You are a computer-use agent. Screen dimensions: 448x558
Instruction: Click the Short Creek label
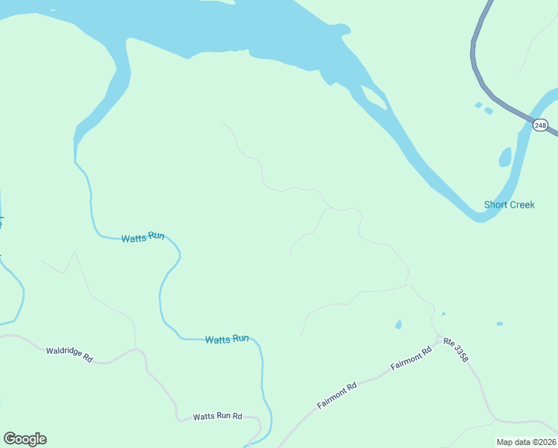510,205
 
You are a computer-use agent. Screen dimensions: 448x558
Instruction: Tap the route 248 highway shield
540,125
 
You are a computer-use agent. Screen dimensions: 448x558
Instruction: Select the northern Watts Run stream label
142,237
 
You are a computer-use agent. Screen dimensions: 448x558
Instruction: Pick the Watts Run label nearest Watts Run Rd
227,339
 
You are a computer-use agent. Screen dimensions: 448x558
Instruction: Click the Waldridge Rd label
69,354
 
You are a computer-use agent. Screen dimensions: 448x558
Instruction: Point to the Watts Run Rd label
218,416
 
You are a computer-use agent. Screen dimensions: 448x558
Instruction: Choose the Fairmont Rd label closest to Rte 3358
411,360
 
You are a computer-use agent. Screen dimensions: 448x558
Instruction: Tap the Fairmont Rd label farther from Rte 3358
337,395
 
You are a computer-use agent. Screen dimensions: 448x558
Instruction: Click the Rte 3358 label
456,351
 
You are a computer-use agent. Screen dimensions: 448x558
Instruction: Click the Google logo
25,439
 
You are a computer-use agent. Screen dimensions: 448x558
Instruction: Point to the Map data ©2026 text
527,442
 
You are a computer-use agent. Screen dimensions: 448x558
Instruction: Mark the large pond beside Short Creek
505,158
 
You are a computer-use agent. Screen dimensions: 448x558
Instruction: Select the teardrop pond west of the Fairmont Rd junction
398,325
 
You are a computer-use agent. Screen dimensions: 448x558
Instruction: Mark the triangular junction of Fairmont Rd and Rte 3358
439,339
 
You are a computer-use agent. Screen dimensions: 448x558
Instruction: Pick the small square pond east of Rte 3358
499,324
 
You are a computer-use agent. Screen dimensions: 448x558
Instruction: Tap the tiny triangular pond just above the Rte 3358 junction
443,314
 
